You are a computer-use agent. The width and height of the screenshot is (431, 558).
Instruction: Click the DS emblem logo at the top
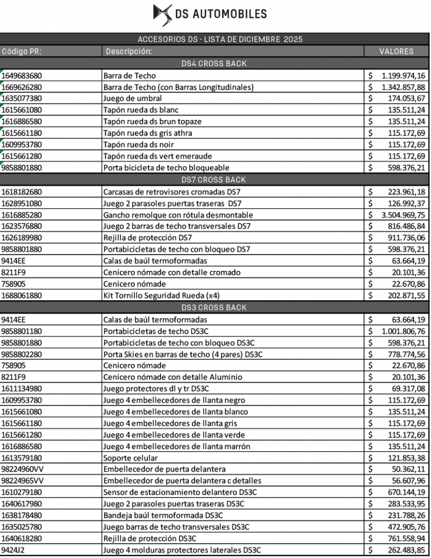pos(162,14)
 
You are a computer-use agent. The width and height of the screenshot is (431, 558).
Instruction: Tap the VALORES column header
pos(396,51)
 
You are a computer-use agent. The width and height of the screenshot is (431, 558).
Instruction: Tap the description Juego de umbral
pos(128,99)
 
